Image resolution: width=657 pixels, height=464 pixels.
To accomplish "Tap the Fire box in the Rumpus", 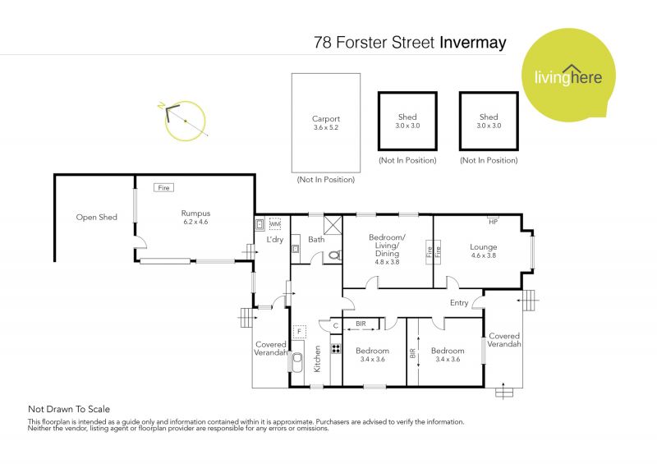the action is (163, 188).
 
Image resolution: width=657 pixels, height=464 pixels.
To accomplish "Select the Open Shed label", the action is (96, 217).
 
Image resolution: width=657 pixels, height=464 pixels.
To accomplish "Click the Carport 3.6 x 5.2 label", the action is (325, 123).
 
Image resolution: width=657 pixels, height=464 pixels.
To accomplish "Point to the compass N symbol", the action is (161, 105).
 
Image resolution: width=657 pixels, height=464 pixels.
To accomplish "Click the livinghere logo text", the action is (568, 76).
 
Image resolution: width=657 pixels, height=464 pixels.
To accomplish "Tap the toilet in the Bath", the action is (334, 255).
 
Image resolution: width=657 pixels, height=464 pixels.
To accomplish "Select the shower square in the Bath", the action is (333, 225).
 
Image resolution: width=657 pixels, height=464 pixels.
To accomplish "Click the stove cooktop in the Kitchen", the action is (336, 348).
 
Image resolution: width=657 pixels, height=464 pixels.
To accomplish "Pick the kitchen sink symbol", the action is (297, 362).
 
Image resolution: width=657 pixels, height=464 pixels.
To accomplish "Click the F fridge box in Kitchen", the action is (299, 332).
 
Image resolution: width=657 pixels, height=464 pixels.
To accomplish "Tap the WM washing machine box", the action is (275, 224).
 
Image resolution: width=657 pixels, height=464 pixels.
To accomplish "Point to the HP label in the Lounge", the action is (494, 222).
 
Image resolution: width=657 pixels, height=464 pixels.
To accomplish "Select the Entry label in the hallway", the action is (459, 303).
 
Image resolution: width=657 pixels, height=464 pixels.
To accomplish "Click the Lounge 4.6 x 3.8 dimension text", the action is (484, 255).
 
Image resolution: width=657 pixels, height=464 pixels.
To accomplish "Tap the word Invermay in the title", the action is (473, 43).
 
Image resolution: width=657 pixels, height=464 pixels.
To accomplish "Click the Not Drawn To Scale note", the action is (69, 409).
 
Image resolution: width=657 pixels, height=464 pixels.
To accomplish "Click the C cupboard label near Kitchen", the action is (336, 326).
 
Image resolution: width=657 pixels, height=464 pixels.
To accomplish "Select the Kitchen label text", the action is (317, 359).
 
